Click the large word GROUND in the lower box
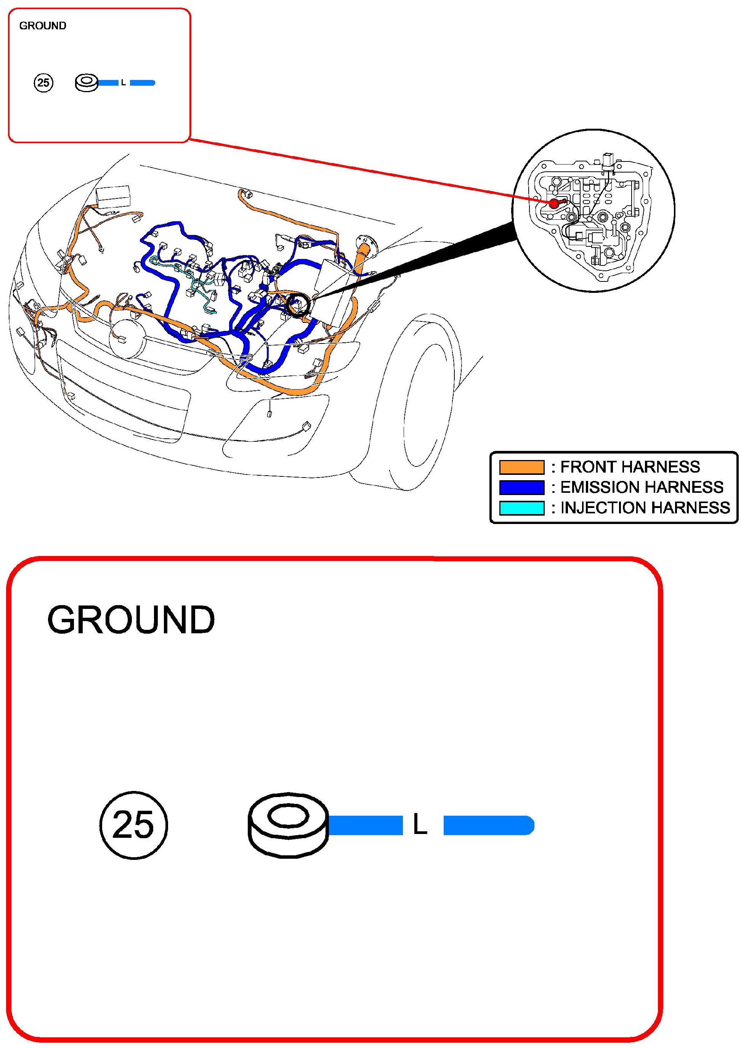click(131, 620)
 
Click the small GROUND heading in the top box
click(42, 26)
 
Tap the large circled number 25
click(133, 825)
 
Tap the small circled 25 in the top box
click(43, 83)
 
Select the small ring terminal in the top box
click(87, 83)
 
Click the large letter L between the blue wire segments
click(420, 825)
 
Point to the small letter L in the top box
click(124, 83)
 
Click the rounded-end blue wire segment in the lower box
click(488, 825)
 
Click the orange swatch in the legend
click(521, 467)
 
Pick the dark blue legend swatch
click(521, 487)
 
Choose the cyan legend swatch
click(521, 508)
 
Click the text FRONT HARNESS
click(630, 467)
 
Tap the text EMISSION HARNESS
click(642, 487)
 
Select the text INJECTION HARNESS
click(645, 508)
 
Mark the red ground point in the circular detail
click(554, 204)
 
